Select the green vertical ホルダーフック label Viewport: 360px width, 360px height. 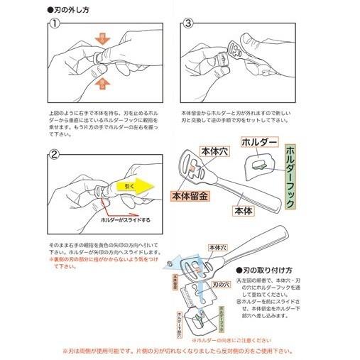pos(290,178)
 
